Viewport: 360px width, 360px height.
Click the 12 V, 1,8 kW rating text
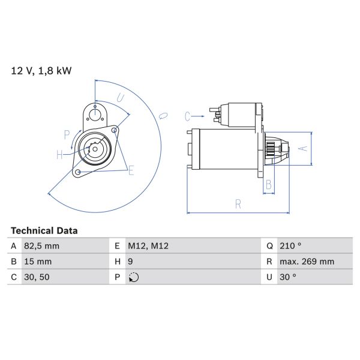(x=41, y=71)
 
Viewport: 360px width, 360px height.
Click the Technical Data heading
(x=44, y=230)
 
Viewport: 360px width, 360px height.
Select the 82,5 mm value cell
(x=43, y=246)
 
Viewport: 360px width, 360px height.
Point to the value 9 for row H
(x=131, y=262)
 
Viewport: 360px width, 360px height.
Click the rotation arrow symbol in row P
(x=134, y=277)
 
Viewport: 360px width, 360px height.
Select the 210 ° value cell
(x=291, y=246)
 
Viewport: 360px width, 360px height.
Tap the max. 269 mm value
(x=308, y=262)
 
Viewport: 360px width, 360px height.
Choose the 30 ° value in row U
(x=289, y=277)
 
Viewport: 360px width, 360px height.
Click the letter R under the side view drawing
(x=238, y=204)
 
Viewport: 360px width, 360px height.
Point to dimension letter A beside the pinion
(x=303, y=147)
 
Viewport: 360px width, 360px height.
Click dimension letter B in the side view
(x=269, y=184)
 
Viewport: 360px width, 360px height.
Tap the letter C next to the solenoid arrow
(x=187, y=116)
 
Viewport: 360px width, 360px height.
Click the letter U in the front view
(x=120, y=97)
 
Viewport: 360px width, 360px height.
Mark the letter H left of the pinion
(x=60, y=155)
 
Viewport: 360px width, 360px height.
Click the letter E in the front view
(x=131, y=171)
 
